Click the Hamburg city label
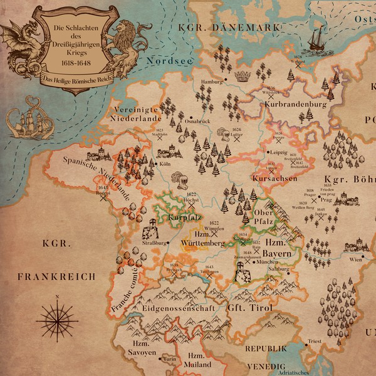point(212,82)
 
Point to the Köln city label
point(165,164)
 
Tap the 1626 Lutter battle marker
point(237,140)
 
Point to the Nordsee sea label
point(164,61)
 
